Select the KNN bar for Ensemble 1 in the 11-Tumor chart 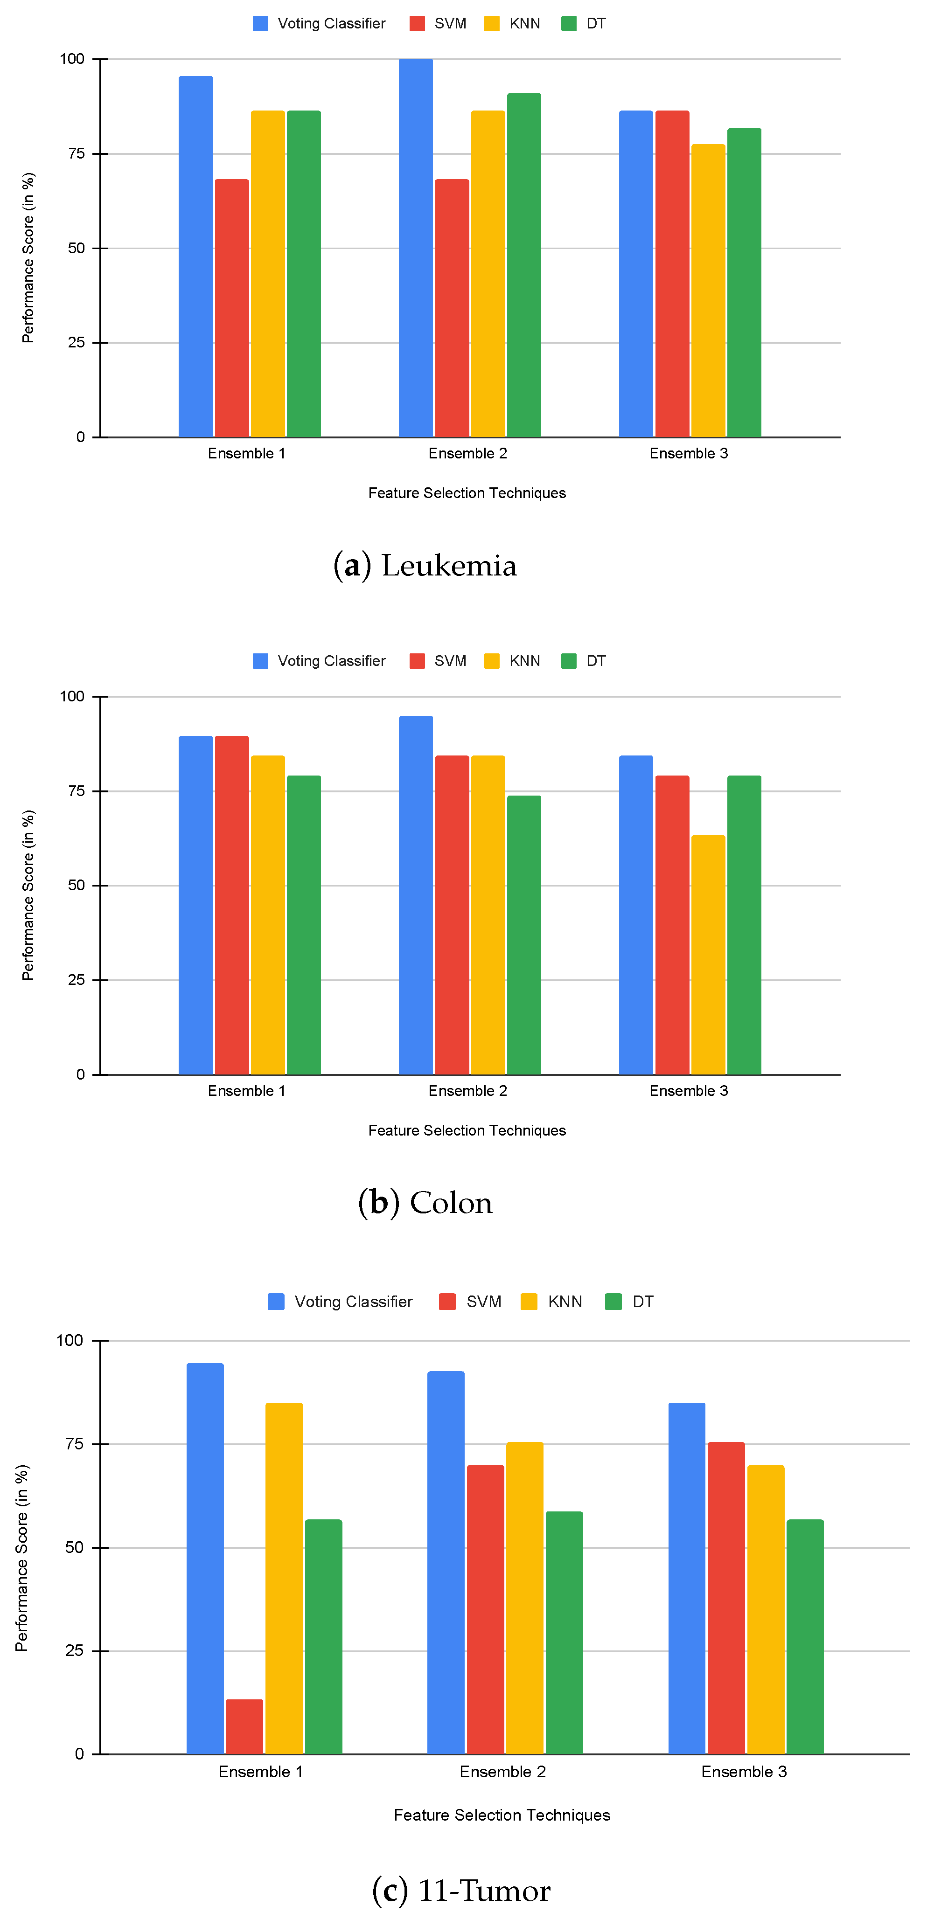click(x=284, y=1578)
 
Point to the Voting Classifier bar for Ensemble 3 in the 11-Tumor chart click(x=686, y=1578)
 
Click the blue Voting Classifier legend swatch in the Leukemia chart click(x=260, y=23)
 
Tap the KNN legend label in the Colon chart click(x=524, y=661)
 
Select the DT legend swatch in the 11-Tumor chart click(x=613, y=1302)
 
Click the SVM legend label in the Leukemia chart click(x=450, y=23)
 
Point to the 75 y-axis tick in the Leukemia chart click(x=76, y=153)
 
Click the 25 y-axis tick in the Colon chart click(x=76, y=979)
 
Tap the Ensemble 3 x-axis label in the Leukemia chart click(x=688, y=453)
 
